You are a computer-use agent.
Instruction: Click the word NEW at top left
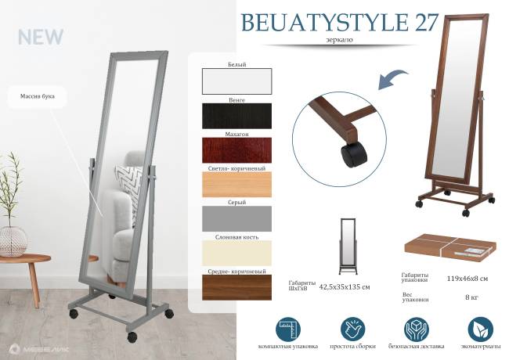point(40,37)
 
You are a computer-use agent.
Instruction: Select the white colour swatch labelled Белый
point(236,81)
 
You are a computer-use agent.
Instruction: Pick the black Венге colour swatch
point(236,116)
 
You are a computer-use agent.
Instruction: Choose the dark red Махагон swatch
point(236,149)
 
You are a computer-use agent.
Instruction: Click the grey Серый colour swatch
point(236,218)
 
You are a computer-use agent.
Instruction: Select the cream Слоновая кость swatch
point(236,252)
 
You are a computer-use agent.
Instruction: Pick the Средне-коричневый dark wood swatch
point(236,286)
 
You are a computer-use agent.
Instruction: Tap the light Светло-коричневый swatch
point(236,184)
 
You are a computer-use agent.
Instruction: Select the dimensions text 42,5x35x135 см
point(345,287)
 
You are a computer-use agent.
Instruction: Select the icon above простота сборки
point(350,329)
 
